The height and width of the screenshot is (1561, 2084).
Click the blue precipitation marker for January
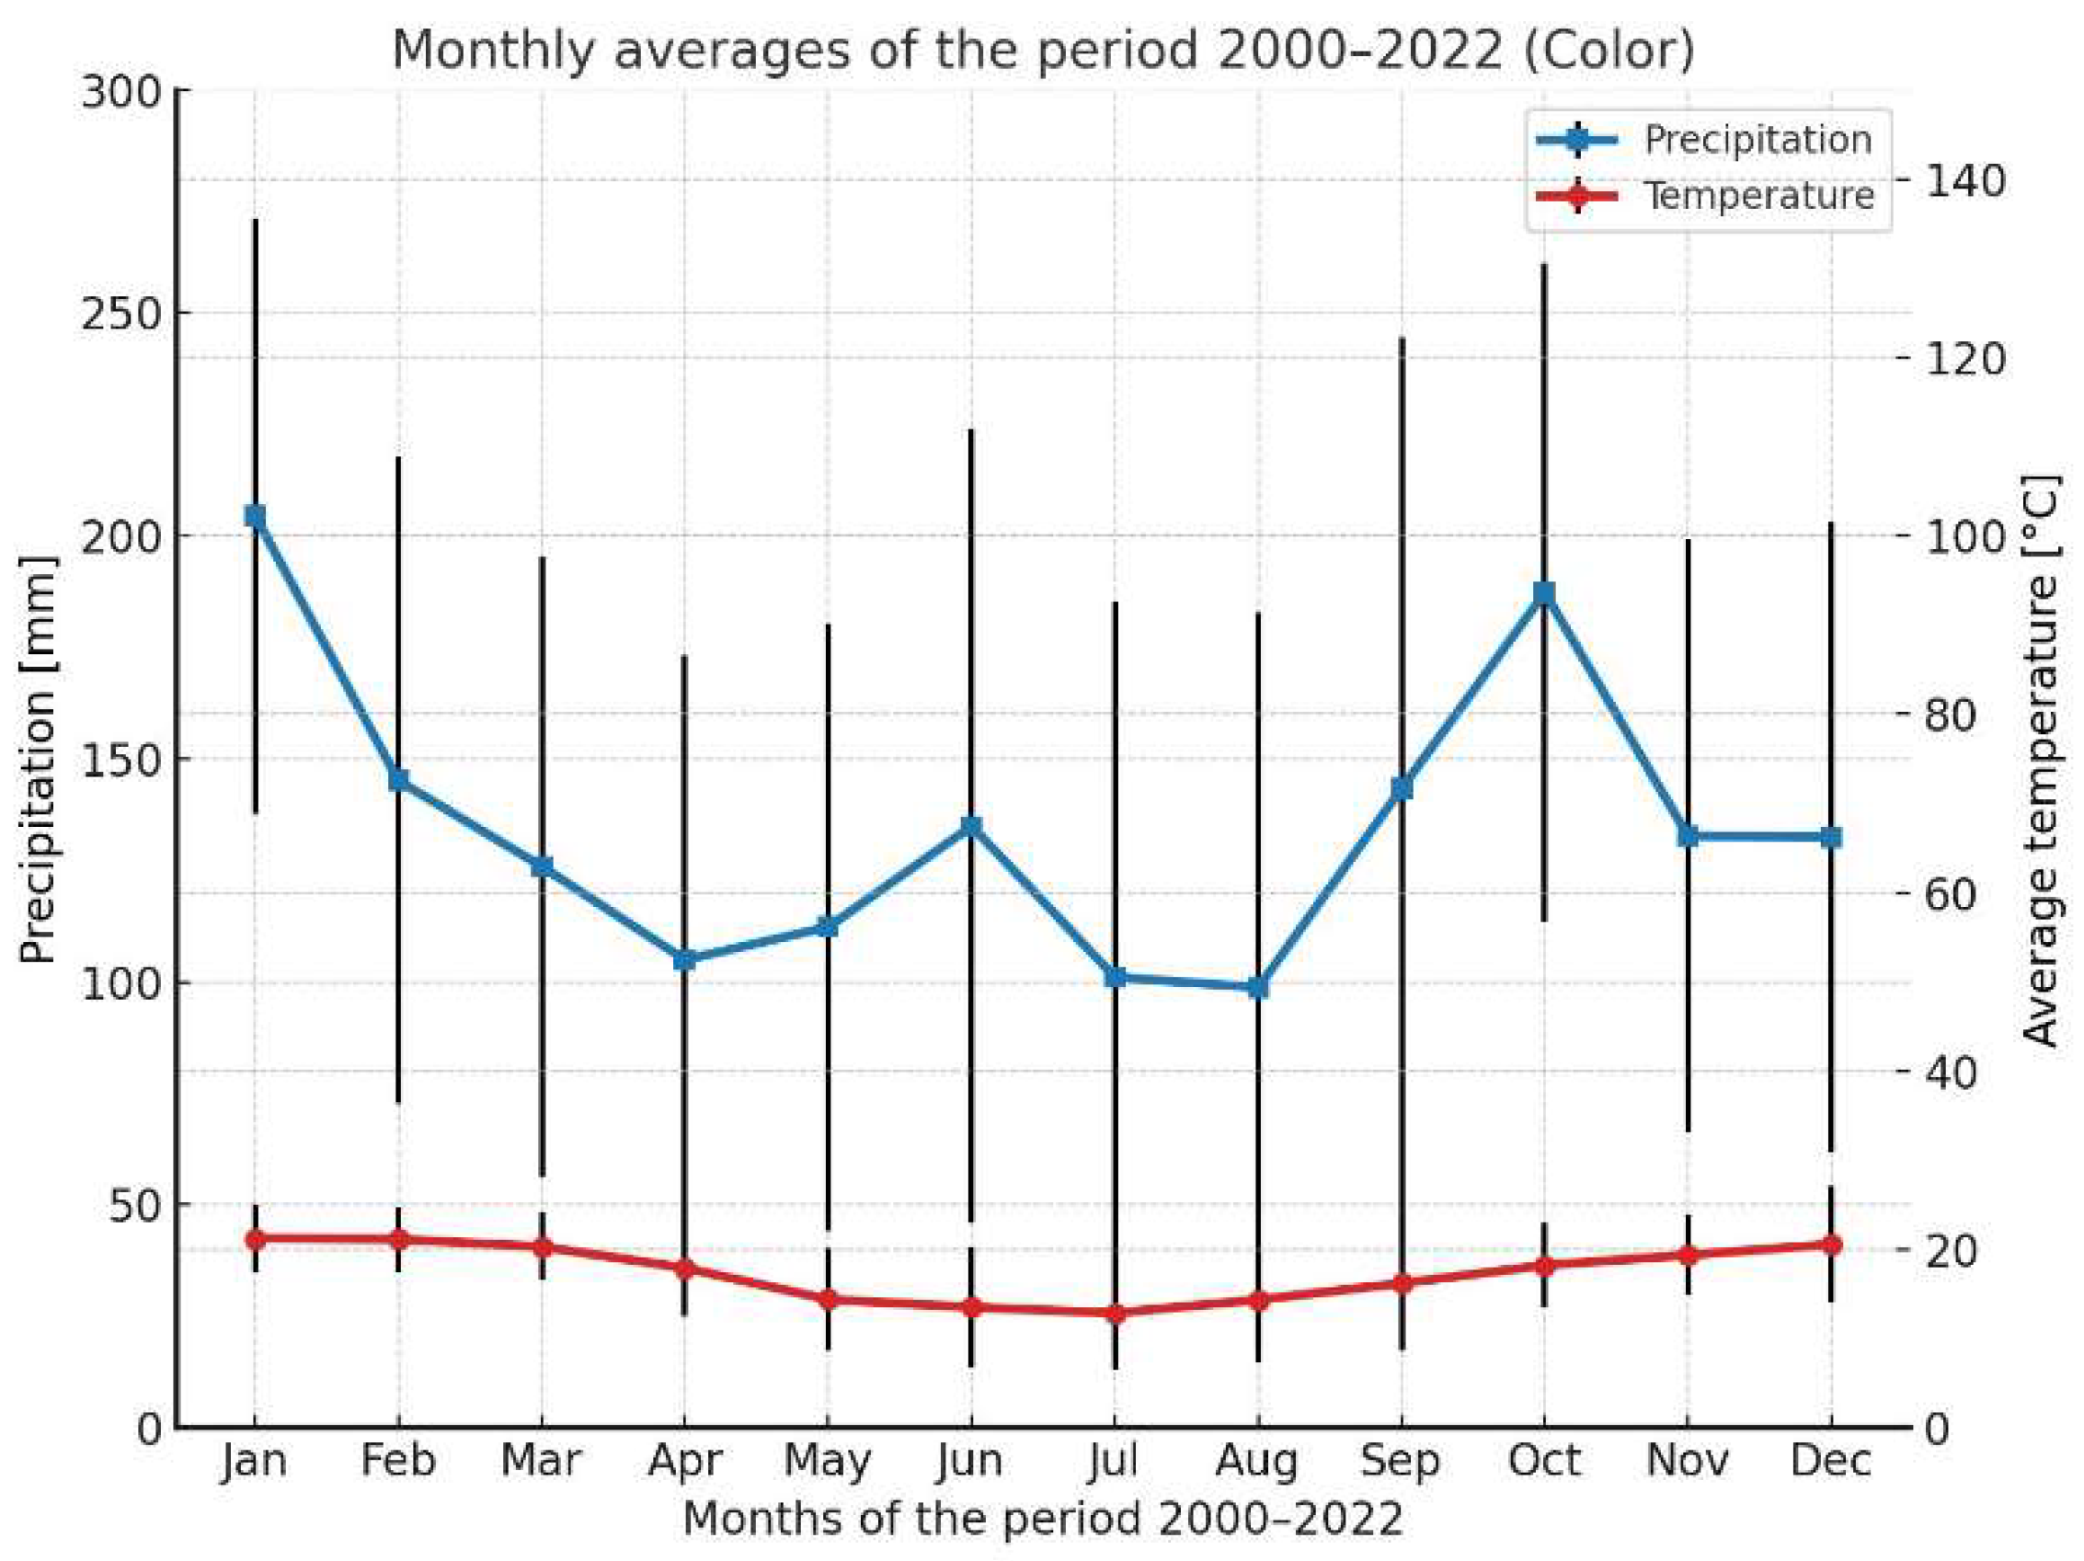[255, 516]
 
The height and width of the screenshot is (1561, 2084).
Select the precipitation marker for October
[1543, 593]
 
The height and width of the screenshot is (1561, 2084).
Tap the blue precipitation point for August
[1258, 987]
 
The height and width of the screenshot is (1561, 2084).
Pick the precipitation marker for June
[971, 826]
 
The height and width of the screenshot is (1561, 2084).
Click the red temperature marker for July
[1115, 1313]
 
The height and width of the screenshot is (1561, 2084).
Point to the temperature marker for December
[1830, 1245]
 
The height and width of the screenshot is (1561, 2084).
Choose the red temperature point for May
[828, 1299]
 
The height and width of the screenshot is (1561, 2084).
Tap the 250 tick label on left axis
[119, 313]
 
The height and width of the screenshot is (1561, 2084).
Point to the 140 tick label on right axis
[1964, 180]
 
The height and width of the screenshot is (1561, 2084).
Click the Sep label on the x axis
[1400, 1460]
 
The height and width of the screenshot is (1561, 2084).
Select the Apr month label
[685, 1460]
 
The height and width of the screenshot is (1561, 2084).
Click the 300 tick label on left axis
[119, 92]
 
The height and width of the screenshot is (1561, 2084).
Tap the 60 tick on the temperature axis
[1951, 893]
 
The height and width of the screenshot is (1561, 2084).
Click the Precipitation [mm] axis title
[38, 759]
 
